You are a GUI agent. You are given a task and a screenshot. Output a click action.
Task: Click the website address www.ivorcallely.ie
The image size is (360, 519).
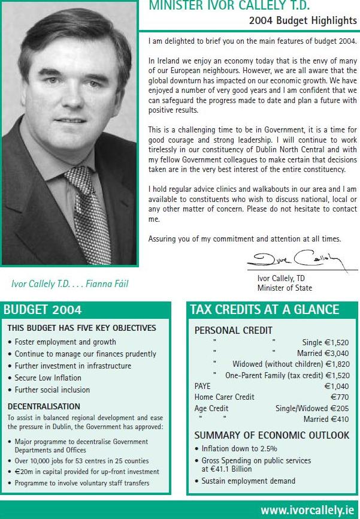click(x=307, y=511)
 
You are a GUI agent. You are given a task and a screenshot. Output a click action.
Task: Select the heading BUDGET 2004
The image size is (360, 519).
click(x=43, y=310)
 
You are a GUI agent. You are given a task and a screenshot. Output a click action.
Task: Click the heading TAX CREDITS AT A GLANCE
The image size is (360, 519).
click(x=264, y=310)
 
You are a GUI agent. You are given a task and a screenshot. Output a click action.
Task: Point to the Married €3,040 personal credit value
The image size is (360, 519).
click(x=315, y=353)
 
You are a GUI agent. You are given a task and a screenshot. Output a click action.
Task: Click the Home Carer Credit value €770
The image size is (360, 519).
click(x=340, y=397)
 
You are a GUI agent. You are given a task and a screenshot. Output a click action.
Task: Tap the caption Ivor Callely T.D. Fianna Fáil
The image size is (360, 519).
click(x=70, y=283)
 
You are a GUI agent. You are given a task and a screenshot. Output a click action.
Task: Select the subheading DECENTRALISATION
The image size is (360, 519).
click(x=44, y=406)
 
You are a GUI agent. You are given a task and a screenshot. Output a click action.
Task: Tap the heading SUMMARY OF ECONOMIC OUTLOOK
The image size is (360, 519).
click(x=272, y=436)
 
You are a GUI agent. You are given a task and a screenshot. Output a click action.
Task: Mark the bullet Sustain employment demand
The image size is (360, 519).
click(x=248, y=481)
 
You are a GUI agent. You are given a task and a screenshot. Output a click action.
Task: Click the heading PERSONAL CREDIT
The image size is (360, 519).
click(x=234, y=330)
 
